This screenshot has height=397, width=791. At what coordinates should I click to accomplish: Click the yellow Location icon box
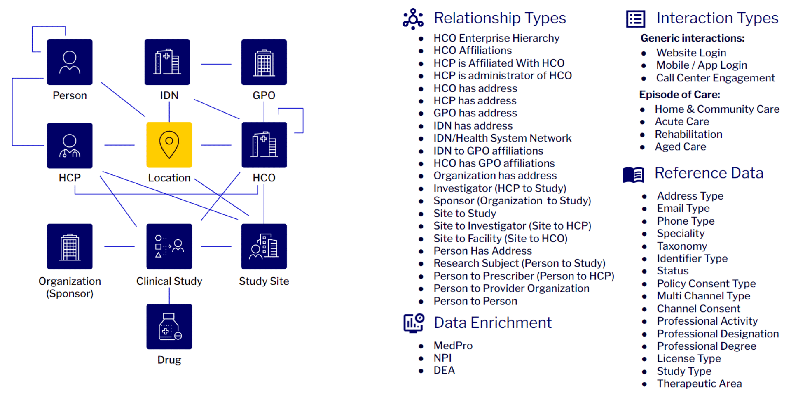point(169,145)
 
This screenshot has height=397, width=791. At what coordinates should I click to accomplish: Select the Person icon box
point(70,62)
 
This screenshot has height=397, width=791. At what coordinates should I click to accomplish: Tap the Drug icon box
point(169,327)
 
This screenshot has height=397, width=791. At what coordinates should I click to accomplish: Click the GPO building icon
point(264,62)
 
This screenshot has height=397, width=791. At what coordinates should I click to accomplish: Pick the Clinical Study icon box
point(169,246)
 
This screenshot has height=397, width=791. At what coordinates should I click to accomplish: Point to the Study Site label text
point(264,281)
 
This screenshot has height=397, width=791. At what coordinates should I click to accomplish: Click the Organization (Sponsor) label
point(70,287)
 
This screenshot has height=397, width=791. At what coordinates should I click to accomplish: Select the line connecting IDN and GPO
point(216,64)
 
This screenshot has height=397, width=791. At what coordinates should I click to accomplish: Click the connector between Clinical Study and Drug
point(169,295)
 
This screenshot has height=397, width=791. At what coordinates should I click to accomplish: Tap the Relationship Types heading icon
point(413,19)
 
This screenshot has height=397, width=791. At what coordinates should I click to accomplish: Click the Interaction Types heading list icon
point(635,19)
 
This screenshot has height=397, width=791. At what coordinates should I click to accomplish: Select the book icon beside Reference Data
point(634,174)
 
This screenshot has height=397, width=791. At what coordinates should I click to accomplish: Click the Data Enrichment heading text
point(492,323)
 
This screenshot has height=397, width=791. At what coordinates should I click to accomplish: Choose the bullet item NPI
point(442,358)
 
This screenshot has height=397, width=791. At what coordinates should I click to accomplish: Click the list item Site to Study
point(464,214)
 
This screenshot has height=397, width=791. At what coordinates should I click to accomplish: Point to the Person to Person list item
point(475,301)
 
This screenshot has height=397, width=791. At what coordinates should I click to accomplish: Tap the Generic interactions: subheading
point(692,38)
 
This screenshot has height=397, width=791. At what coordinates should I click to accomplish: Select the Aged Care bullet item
point(680,147)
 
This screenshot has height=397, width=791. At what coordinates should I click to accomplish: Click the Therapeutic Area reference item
point(699,383)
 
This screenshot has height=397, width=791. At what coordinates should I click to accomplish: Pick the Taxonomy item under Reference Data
point(682,246)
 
